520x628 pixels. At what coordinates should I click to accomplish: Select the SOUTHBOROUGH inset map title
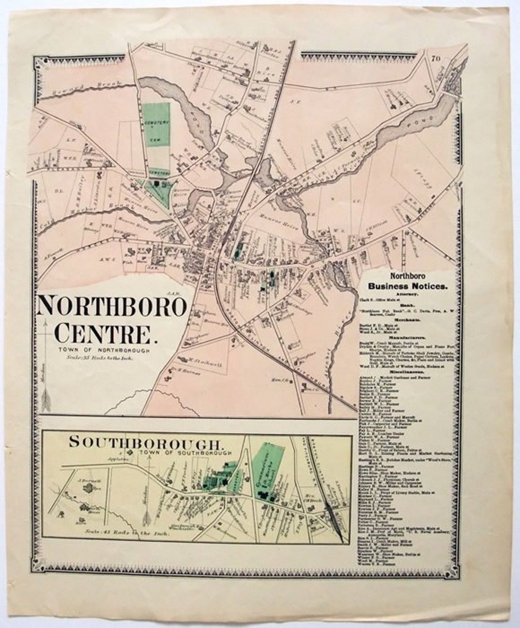(x=146, y=441)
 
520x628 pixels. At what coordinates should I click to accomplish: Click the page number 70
(x=436, y=59)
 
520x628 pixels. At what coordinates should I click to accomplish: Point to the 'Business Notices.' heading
(x=408, y=286)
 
